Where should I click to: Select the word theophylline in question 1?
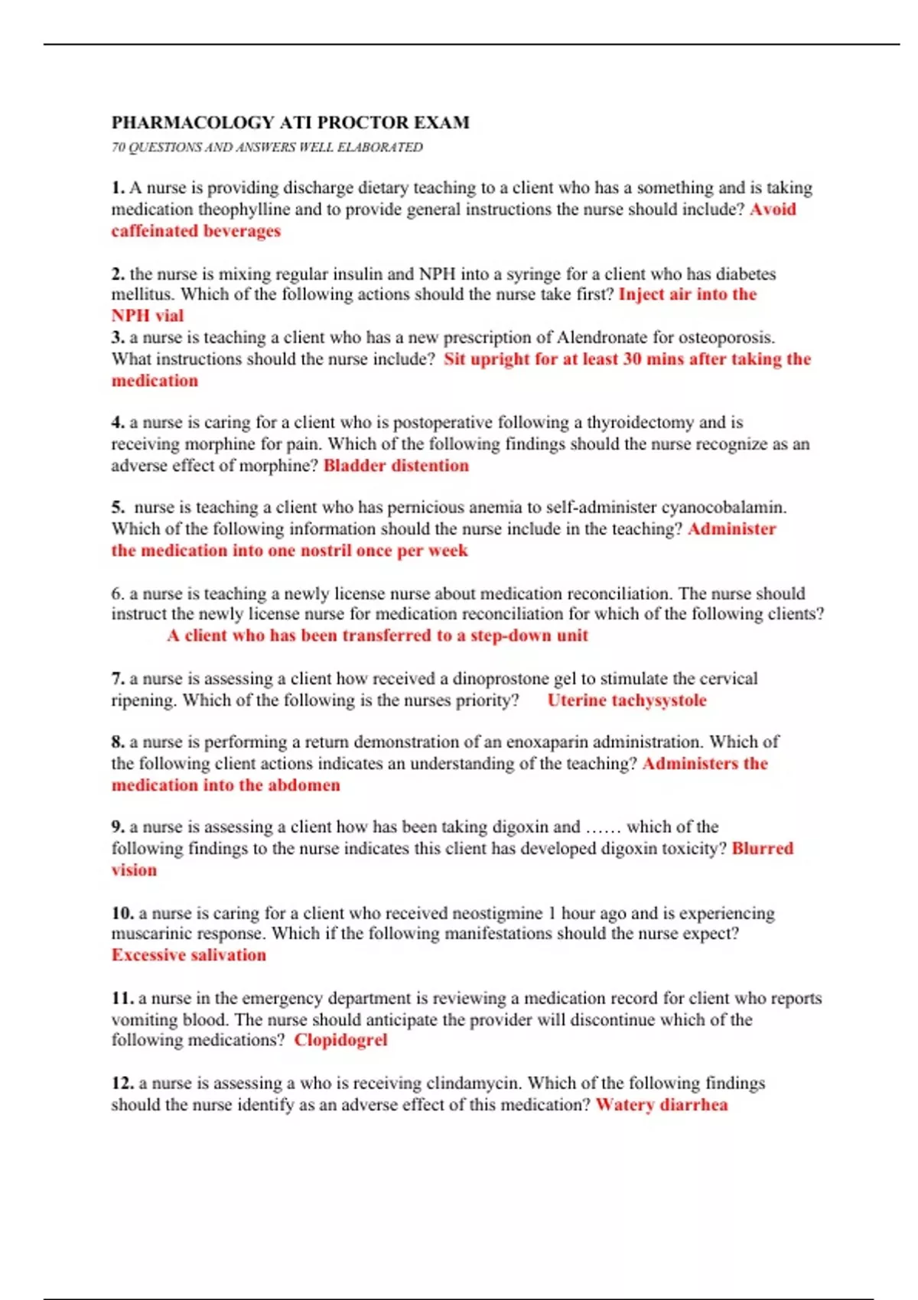click(244, 209)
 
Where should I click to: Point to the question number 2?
click(118, 274)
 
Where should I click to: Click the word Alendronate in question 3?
click(602, 337)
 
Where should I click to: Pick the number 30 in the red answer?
click(632, 359)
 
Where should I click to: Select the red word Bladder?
click(354, 465)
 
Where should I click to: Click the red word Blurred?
click(762, 848)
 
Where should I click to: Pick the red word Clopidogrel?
click(340, 1039)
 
